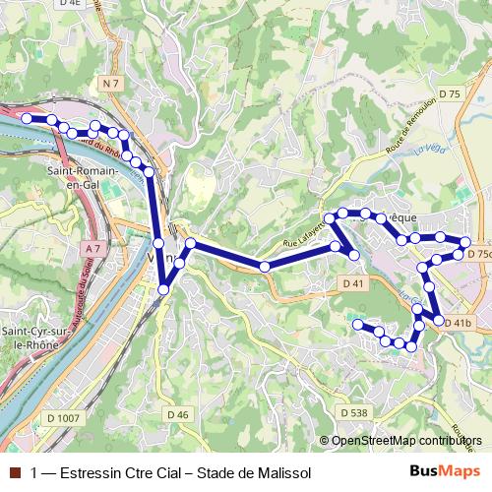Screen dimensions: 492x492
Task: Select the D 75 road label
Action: coord(450,93)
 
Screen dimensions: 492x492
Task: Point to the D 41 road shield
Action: coord(354,283)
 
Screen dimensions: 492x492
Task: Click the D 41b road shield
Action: coord(459,322)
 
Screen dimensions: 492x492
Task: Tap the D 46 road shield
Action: coord(177,414)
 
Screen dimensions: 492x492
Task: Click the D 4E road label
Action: coord(95,5)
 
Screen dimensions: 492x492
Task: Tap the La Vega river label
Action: coord(429,150)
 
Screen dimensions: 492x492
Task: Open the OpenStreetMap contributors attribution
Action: coord(406,441)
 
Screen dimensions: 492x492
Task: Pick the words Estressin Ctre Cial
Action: coord(118,472)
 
